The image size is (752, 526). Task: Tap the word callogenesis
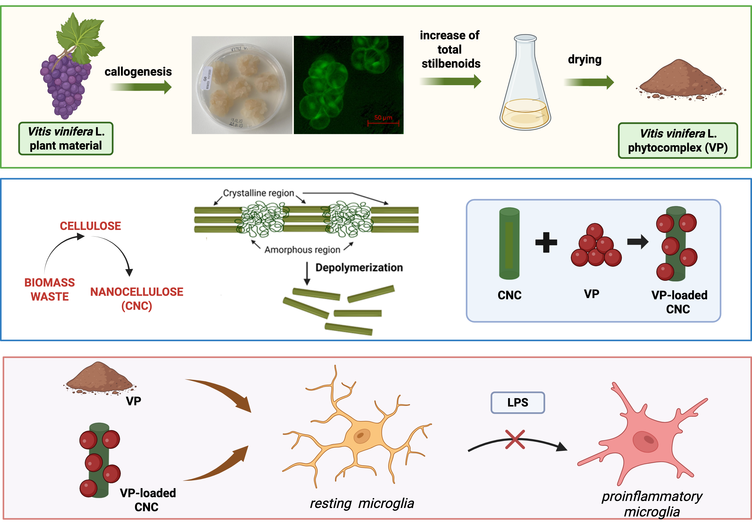[138, 71]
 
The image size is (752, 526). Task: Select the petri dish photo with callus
[242, 85]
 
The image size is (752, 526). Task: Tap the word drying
[585, 60]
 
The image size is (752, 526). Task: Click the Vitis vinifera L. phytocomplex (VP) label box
[678, 141]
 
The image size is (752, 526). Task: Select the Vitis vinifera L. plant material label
[66, 139]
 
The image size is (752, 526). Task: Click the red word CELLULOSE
[90, 226]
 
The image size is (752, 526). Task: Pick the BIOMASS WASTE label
[50, 289]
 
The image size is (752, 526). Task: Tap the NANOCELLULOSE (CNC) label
[137, 299]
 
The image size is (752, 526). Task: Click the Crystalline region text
[258, 193]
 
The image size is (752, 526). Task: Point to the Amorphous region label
[302, 250]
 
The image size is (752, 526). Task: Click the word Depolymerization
[359, 268]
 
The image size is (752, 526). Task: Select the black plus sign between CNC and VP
[546, 242]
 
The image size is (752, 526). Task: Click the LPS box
[517, 402]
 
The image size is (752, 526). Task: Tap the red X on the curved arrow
[515, 439]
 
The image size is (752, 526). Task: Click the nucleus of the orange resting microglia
[361, 436]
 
